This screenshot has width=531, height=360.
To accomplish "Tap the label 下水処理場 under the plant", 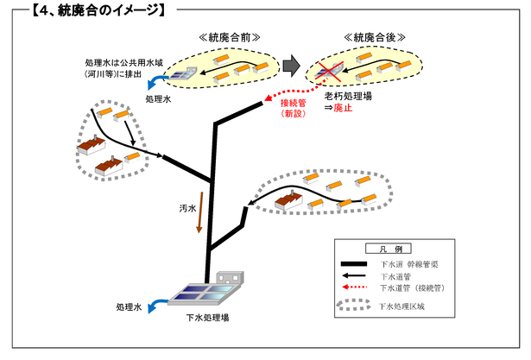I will tap(207, 318).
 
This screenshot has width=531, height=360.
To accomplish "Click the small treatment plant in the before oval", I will tap(185, 75).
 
